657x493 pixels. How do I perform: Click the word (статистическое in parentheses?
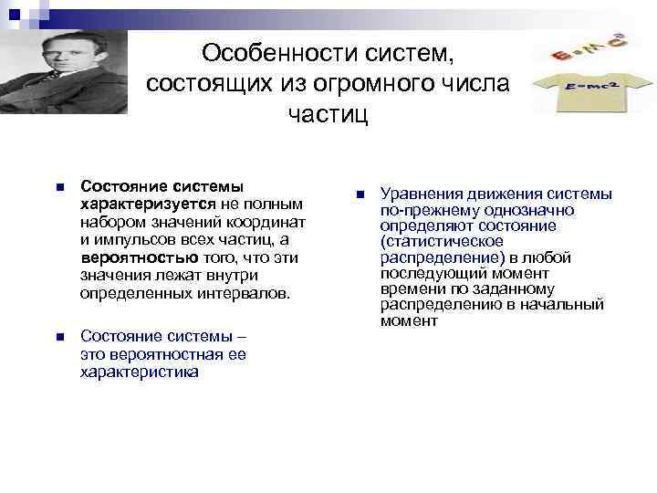[x=442, y=241]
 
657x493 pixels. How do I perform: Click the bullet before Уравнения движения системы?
[x=360, y=194]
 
